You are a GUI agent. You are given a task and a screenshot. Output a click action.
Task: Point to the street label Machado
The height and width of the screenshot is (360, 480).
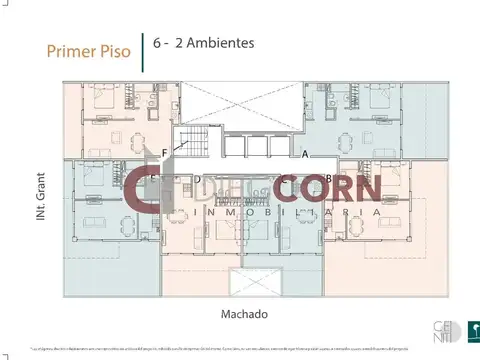244,313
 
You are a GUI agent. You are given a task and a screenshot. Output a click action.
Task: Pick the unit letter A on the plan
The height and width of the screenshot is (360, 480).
304,154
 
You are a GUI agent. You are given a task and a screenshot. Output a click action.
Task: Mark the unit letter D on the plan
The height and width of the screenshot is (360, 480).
198,180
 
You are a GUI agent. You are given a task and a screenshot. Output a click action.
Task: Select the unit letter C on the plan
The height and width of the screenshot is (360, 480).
284,180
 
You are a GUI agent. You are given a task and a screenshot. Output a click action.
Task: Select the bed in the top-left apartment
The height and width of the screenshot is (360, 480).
103,100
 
